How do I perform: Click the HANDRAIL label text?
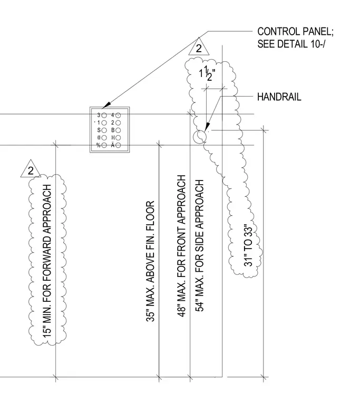point(279,97)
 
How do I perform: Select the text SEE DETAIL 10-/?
point(291,44)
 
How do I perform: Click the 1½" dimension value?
point(207,74)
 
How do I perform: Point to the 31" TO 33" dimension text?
point(248,245)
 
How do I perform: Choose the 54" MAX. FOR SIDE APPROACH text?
point(200,245)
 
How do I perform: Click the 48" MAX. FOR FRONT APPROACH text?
point(181,246)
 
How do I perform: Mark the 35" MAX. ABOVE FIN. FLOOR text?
point(150,261)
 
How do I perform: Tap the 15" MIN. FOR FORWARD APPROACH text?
point(47,261)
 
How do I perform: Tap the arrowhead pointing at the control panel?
point(107,105)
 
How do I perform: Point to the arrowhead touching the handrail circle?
point(207,127)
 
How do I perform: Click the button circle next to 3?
point(104,116)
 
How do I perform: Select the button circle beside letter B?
point(118,130)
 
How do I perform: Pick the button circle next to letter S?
point(104,130)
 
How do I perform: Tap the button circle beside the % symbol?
point(104,145)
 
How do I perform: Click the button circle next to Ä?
point(118,145)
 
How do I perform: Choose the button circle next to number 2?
point(118,123)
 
